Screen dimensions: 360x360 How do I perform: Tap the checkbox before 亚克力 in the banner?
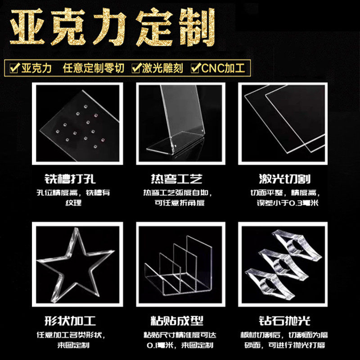[x=14, y=68]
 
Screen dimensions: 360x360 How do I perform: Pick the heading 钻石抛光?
[x=285, y=321]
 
